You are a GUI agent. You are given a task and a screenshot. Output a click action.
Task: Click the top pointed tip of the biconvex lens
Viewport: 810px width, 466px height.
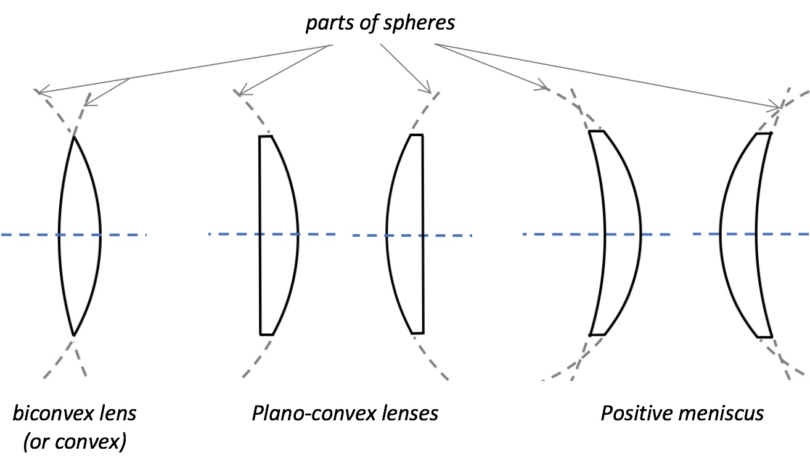(x=73, y=137)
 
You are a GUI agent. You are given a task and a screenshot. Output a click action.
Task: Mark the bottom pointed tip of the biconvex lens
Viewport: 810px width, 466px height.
(x=73, y=335)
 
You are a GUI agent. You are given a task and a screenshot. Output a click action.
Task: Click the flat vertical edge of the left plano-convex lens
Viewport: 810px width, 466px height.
(x=260, y=277)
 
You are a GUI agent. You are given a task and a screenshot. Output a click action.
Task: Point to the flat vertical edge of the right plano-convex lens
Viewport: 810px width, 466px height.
(x=423, y=277)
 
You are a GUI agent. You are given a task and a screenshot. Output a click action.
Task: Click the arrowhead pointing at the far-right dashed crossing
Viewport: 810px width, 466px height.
(x=778, y=108)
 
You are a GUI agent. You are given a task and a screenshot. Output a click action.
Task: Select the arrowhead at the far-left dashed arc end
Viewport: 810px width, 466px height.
(x=40, y=93)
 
